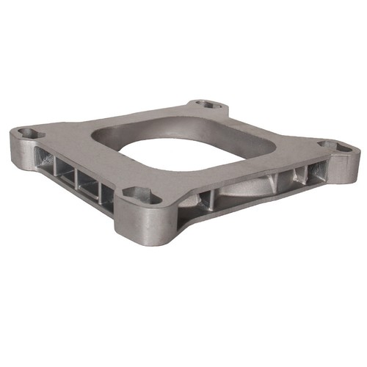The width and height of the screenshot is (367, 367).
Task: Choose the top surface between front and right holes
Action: [x=242, y=172]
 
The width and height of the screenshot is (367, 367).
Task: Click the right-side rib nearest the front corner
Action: [x=209, y=199]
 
